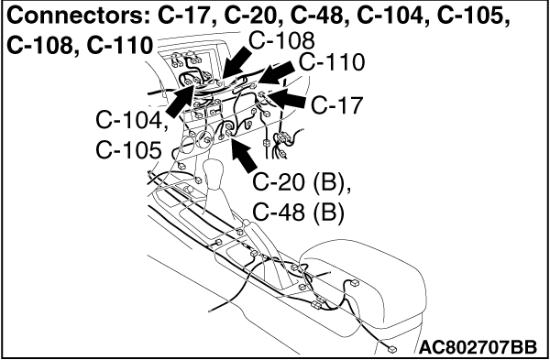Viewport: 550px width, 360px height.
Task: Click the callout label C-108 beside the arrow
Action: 281,41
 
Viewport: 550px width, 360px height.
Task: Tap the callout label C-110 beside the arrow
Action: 332,62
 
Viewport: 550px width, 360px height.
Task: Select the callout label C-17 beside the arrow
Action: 336,106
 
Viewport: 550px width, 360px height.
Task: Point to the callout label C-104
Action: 131,122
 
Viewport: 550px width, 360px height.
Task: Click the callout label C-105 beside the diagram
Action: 128,151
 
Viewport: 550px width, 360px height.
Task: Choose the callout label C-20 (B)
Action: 302,184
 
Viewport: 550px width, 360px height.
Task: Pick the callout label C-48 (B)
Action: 298,213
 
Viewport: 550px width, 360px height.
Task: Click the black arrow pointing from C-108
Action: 236,64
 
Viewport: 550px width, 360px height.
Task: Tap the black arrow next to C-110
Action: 277,72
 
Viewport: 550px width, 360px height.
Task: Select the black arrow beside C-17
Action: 287,99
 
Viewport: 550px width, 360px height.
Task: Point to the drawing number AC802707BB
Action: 478,347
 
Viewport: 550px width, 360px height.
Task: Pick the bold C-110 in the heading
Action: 119,46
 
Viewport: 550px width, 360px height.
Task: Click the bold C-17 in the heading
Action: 187,16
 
